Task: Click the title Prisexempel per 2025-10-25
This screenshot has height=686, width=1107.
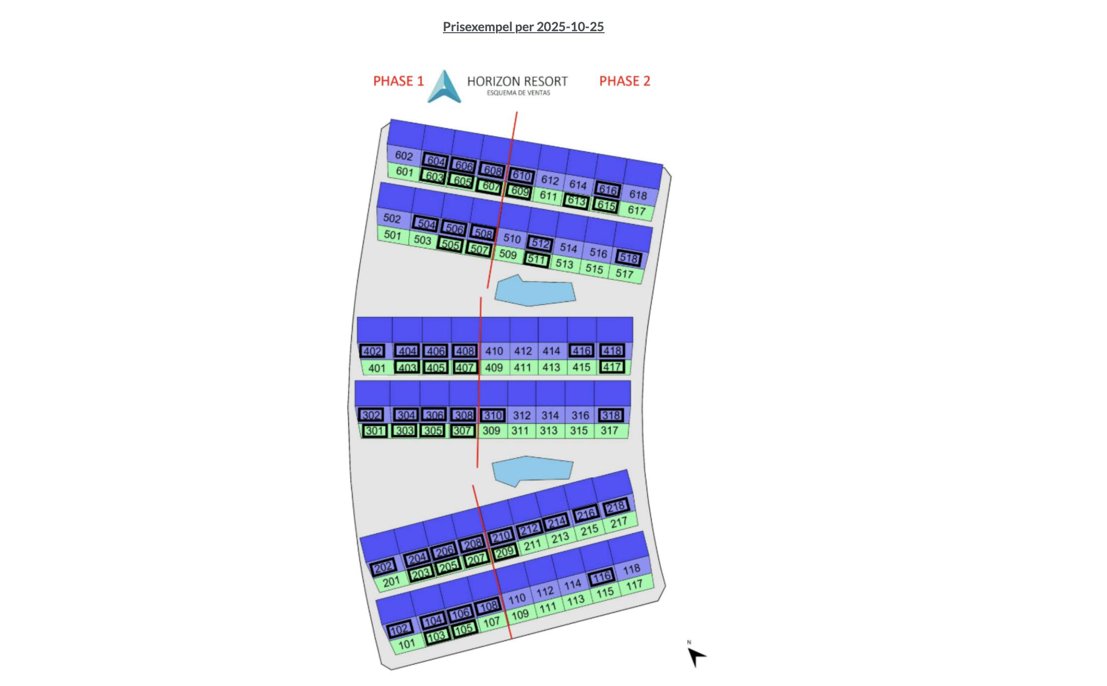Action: (x=523, y=27)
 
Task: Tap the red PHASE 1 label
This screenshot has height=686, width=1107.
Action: (x=398, y=81)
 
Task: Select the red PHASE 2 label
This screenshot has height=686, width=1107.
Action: (x=624, y=81)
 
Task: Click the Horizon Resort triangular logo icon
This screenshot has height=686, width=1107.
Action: (x=444, y=86)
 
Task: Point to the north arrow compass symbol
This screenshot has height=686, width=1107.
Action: (x=696, y=656)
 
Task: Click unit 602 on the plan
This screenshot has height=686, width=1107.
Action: (x=404, y=156)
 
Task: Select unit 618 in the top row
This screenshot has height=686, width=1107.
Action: (x=638, y=195)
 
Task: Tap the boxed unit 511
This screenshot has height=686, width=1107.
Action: (x=537, y=259)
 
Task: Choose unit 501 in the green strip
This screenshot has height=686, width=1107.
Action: (x=392, y=234)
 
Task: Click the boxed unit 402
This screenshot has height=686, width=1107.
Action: (x=372, y=351)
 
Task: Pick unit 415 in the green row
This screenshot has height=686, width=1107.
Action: (x=581, y=367)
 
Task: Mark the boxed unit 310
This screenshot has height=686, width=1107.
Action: (x=492, y=415)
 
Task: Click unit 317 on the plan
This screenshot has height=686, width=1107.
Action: (x=609, y=430)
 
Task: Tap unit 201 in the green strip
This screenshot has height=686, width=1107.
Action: (x=391, y=581)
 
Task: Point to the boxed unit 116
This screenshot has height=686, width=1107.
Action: (x=602, y=577)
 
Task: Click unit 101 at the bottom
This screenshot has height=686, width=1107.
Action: (x=407, y=644)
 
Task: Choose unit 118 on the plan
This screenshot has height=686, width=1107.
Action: (x=631, y=569)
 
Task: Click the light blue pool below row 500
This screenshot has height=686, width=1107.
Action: (x=535, y=290)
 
